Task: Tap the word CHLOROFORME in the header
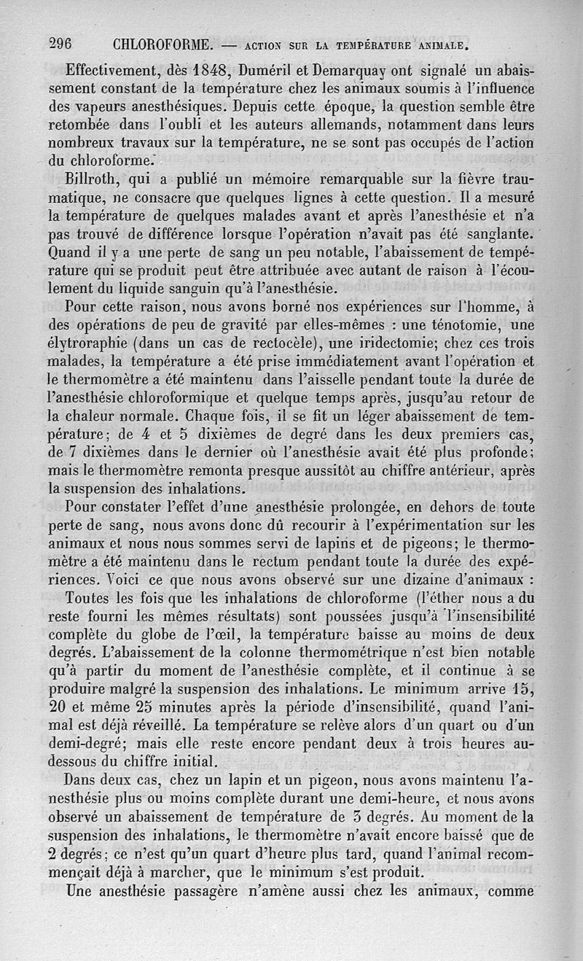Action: (163, 43)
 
